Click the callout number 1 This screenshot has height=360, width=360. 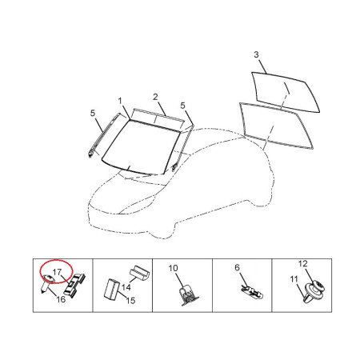point(120,101)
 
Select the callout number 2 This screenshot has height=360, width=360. point(155,97)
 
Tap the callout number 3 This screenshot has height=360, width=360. point(256,54)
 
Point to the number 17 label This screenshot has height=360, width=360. point(58,272)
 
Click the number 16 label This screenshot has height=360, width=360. point(61,299)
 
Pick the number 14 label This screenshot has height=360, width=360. point(126,287)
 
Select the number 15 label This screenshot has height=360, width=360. point(130,301)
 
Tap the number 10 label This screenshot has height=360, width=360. point(173,268)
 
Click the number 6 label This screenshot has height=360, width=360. point(238,267)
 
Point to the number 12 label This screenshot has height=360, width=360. point(303,264)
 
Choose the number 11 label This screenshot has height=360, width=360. point(294,279)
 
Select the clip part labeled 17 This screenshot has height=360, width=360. point(75,286)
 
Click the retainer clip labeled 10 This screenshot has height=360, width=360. point(187,295)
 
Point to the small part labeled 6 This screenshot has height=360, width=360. point(252,292)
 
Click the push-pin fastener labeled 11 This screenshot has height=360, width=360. point(310,294)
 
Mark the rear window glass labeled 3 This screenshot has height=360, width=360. point(286,92)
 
